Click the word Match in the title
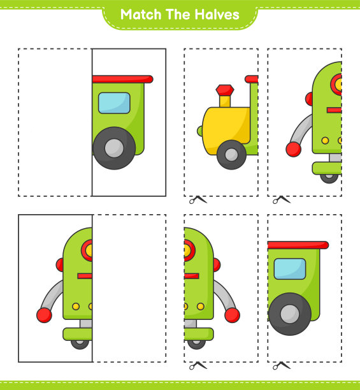[141, 15]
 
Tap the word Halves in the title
[217, 15]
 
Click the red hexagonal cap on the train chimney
[225, 90]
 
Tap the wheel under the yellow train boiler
[231, 155]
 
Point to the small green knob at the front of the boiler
[199, 131]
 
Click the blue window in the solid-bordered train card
[114, 103]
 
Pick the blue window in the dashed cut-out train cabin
[290, 269]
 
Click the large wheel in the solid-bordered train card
[114, 148]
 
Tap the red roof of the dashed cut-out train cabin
[298, 245]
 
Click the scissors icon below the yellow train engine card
[198, 199]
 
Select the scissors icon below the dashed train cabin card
[282, 366]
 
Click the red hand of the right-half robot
[232, 315]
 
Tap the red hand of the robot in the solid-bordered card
[44, 315]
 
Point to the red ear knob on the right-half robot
[217, 265]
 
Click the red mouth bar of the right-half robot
[191, 276]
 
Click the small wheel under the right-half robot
[196, 344]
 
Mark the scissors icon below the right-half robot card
[198, 366]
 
